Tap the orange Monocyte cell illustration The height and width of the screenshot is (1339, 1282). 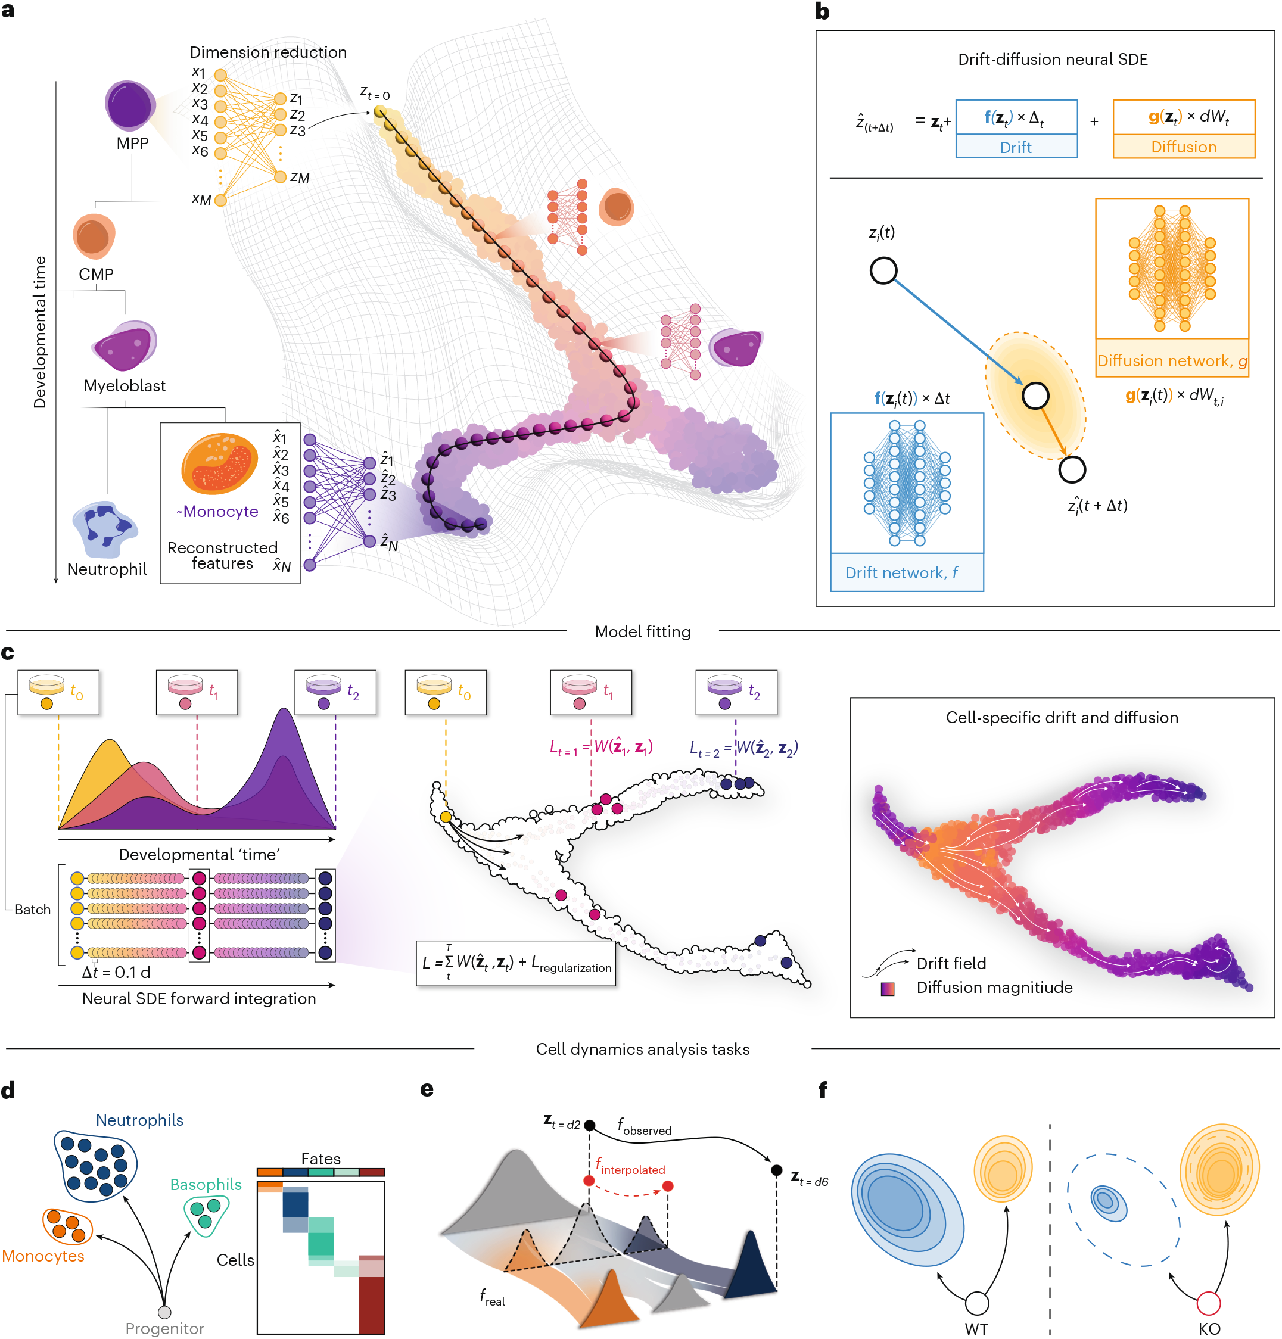[x=219, y=464]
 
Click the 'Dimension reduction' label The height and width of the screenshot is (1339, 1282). [x=268, y=52]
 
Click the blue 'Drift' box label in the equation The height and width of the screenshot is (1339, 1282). [x=1016, y=147]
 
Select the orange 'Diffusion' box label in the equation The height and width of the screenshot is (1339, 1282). [x=1183, y=147]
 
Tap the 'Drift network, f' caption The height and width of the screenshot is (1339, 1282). [x=901, y=572]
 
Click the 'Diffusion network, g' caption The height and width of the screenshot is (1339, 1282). [x=1171, y=361]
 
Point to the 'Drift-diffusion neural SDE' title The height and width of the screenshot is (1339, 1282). [x=1053, y=60]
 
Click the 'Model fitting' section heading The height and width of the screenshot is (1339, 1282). [x=642, y=631]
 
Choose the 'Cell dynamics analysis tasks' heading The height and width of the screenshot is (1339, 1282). [x=642, y=1049]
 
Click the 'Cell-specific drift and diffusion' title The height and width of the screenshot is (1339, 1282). [x=1061, y=717]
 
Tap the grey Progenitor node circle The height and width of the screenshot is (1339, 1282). [x=164, y=1312]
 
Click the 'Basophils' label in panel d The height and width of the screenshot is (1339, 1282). [x=206, y=1184]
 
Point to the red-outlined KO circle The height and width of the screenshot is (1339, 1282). [x=1208, y=1303]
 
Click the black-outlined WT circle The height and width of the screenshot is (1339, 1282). [x=976, y=1303]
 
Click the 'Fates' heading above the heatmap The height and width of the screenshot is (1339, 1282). [x=320, y=1159]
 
